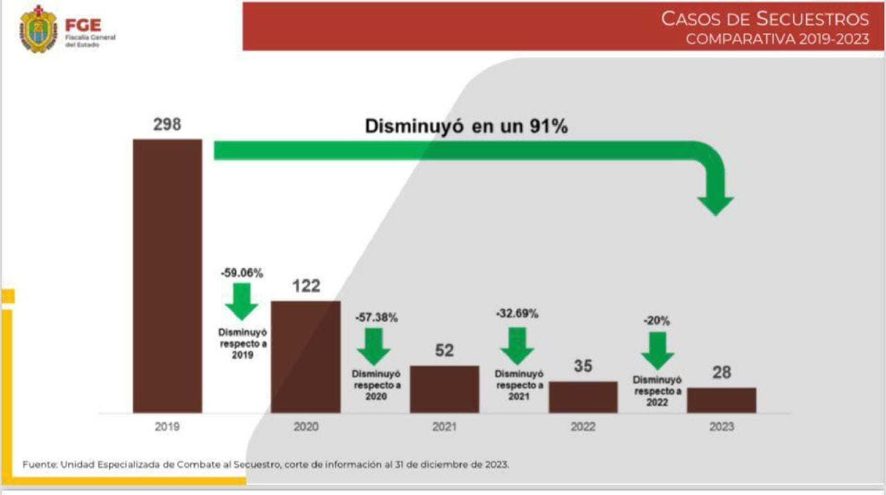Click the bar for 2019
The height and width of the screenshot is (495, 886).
tap(167, 275)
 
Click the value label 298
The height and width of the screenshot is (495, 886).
tap(167, 124)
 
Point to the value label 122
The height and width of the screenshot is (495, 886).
tap(306, 285)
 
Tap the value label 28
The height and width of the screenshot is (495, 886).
tap(722, 372)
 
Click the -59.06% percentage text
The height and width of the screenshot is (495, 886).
tap(242, 273)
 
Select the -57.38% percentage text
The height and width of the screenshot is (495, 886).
tap(377, 318)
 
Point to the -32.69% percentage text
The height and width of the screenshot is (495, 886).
tap(517, 314)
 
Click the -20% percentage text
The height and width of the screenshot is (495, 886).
tap(657, 320)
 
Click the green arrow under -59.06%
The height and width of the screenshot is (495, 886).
tap(242, 301)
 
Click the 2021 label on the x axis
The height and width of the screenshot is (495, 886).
tap(444, 426)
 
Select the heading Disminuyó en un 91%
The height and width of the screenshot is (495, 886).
tap(466, 126)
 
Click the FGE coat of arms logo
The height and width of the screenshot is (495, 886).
tap(38, 29)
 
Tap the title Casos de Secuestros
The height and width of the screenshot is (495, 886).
tap(765, 19)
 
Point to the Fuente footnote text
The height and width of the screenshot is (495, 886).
tap(265, 465)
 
